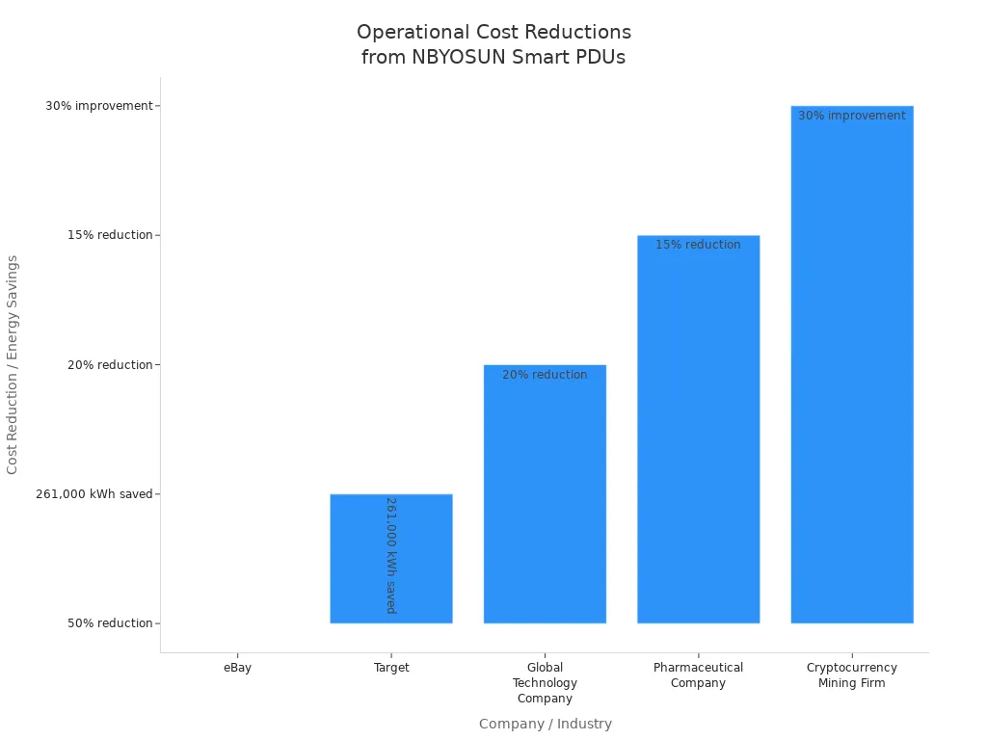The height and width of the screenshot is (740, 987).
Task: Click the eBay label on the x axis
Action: [x=237, y=668]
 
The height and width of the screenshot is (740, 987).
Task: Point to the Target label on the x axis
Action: [x=391, y=668]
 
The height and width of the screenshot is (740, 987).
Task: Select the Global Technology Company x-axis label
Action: [x=545, y=683]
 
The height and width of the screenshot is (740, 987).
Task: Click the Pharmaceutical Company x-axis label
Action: [x=698, y=675]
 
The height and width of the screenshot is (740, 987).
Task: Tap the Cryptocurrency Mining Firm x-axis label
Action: [x=852, y=675]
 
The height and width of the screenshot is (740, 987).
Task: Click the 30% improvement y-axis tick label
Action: [x=99, y=106]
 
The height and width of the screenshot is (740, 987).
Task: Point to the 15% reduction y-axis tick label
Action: [x=110, y=235]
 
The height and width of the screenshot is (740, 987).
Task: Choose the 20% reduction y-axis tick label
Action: [x=110, y=365]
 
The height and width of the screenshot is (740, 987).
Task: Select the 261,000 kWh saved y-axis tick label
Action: [x=94, y=494]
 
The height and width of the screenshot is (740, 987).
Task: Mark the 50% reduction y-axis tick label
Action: [x=110, y=623]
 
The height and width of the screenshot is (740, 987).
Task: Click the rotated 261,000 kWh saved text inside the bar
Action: [x=391, y=555]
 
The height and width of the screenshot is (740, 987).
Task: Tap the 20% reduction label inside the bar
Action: [x=545, y=375]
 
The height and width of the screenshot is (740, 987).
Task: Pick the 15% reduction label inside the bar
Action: [x=698, y=245]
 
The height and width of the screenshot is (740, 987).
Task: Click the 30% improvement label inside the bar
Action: [x=852, y=116]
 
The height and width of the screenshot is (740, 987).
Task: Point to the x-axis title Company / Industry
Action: [x=545, y=724]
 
